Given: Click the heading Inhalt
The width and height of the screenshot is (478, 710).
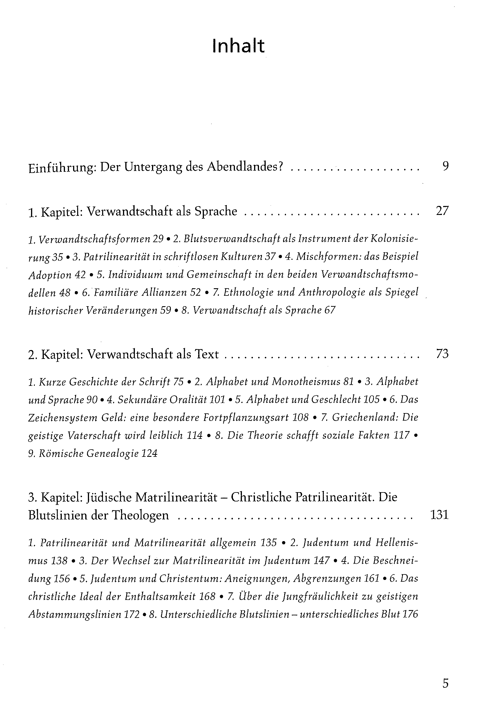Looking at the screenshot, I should pyautogui.click(x=238, y=46).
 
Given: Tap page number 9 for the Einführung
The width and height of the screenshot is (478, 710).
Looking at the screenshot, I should pyautogui.click(x=446, y=166).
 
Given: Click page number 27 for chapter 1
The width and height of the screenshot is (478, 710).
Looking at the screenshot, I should pyautogui.click(x=442, y=211).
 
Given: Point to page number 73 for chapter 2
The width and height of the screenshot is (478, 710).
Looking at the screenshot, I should pyautogui.click(x=442, y=354).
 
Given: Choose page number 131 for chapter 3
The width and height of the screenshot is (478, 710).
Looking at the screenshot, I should pyautogui.click(x=439, y=515).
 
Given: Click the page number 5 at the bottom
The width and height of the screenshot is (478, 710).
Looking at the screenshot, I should pyautogui.click(x=446, y=684).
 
